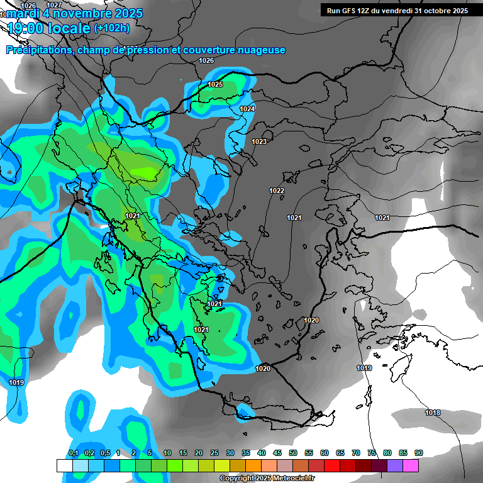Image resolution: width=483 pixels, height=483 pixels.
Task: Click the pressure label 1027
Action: click(x=55, y=5)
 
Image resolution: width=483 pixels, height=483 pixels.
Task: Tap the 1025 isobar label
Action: click(x=215, y=84)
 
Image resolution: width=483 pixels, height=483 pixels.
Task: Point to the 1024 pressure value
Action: click(x=247, y=109)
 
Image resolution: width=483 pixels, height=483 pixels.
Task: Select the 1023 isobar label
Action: click(x=259, y=142)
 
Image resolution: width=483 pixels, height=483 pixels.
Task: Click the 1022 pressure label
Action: click(x=277, y=191)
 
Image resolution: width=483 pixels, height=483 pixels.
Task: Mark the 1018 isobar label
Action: click(x=433, y=413)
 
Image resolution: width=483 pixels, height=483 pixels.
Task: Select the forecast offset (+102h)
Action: click(x=112, y=28)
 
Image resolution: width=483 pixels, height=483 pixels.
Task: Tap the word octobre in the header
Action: click(x=445, y=10)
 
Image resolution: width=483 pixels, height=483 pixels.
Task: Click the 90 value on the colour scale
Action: click(x=419, y=453)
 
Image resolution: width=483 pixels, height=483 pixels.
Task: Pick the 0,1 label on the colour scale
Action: click(x=74, y=453)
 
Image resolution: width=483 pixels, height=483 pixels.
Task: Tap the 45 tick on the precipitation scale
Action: click(x=277, y=453)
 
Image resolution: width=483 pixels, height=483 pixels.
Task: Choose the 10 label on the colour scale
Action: click(x=167, y=453)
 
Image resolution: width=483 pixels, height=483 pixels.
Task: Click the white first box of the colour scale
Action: click(x=64, y=465)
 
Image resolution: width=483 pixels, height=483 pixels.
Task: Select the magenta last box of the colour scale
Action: click(x=411, y=465)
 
